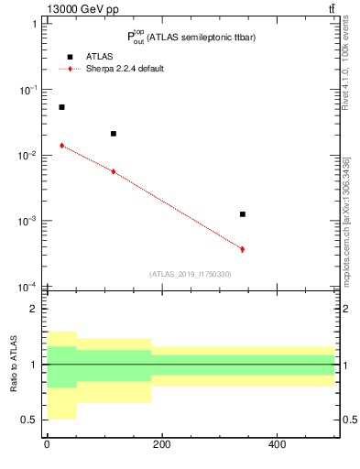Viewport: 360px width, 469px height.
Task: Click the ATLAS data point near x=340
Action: click(x=243, y=213)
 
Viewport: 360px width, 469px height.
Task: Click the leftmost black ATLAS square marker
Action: click(x=61, y=107)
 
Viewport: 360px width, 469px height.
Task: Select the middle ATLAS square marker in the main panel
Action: click(x=114, y=134)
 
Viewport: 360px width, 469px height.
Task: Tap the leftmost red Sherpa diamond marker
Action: click(x=61, y=146)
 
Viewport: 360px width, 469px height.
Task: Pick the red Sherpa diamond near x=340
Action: click(x=243, y=249)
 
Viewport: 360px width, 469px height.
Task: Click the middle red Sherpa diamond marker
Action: click(x=114, y=171)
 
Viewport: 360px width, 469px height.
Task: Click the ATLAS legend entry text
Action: click(x=99, y=57)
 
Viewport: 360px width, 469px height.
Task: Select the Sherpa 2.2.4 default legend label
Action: click(x=125, y=69)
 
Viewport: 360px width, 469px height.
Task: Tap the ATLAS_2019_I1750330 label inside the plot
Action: click(x=190, y=274)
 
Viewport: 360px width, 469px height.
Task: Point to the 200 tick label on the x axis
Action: click(x=161, y=444)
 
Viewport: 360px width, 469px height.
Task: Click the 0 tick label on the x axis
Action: click(x=47, y=444)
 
